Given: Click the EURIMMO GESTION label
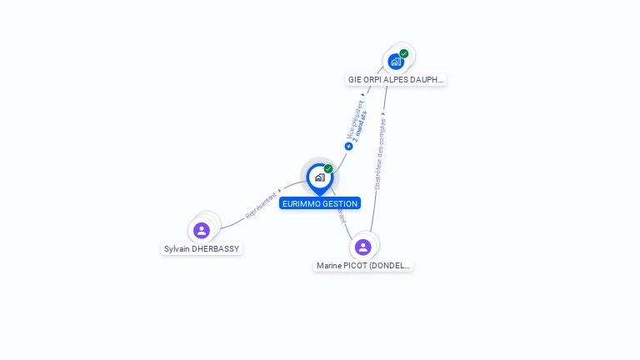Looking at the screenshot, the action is tap(320, 203).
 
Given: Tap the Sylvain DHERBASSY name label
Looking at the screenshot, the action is tap(202, 248).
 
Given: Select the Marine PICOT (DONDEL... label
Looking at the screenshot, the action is tap(362, 266).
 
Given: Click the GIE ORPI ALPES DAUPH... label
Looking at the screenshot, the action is tap(396, 80).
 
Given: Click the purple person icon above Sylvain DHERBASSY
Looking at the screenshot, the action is tap(201, 230).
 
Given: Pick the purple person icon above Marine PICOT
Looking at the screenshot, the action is tap(362, 247).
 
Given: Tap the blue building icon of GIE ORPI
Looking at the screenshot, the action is tap(395, 62).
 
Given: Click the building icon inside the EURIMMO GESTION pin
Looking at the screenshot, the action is tap(319, 177).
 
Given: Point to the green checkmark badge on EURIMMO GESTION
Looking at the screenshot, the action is tap(328, 169).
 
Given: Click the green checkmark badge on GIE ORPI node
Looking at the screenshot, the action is tap(404, 53).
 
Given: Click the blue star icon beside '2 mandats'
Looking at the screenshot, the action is tap(348, 146).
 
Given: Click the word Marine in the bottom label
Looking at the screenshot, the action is tap(329, 266).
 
